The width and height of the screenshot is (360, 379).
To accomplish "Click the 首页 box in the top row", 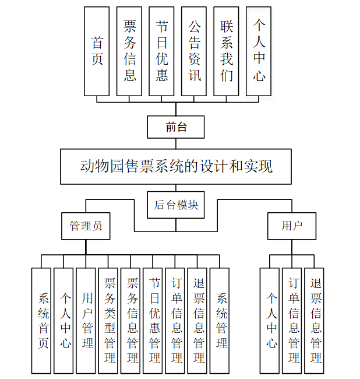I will (97, 51).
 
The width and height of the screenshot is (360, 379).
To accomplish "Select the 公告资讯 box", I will (194, 51).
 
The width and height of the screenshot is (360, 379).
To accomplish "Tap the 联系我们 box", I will (227, 51).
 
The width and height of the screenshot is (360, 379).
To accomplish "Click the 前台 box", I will (176, 127).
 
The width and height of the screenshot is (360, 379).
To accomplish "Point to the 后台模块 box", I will (176, 205).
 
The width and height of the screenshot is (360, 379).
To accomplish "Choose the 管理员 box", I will (86, 226).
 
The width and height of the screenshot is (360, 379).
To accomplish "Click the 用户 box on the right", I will (292, 226).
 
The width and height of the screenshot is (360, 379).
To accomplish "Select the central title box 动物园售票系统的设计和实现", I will (176, 167).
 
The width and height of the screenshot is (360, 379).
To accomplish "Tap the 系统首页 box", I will (41, 321).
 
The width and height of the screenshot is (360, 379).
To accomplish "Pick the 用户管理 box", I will (86, 321).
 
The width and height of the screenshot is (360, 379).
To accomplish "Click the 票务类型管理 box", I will (108, 321).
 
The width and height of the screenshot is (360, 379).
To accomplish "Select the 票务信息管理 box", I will (131, 321).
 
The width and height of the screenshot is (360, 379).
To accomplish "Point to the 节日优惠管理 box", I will (153, 321).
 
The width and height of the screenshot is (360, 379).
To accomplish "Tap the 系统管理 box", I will (220, 321).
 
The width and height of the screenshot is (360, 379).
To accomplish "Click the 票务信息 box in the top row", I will (129, 51).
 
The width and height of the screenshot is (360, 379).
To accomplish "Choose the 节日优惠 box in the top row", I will (162, 51).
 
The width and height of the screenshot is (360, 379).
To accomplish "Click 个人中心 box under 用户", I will (270, 321).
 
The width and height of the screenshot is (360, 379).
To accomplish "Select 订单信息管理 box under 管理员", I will (175, 321).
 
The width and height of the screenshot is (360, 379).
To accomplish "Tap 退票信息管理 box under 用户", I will (315, 321).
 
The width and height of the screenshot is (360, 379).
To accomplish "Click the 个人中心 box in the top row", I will (259, 51).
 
